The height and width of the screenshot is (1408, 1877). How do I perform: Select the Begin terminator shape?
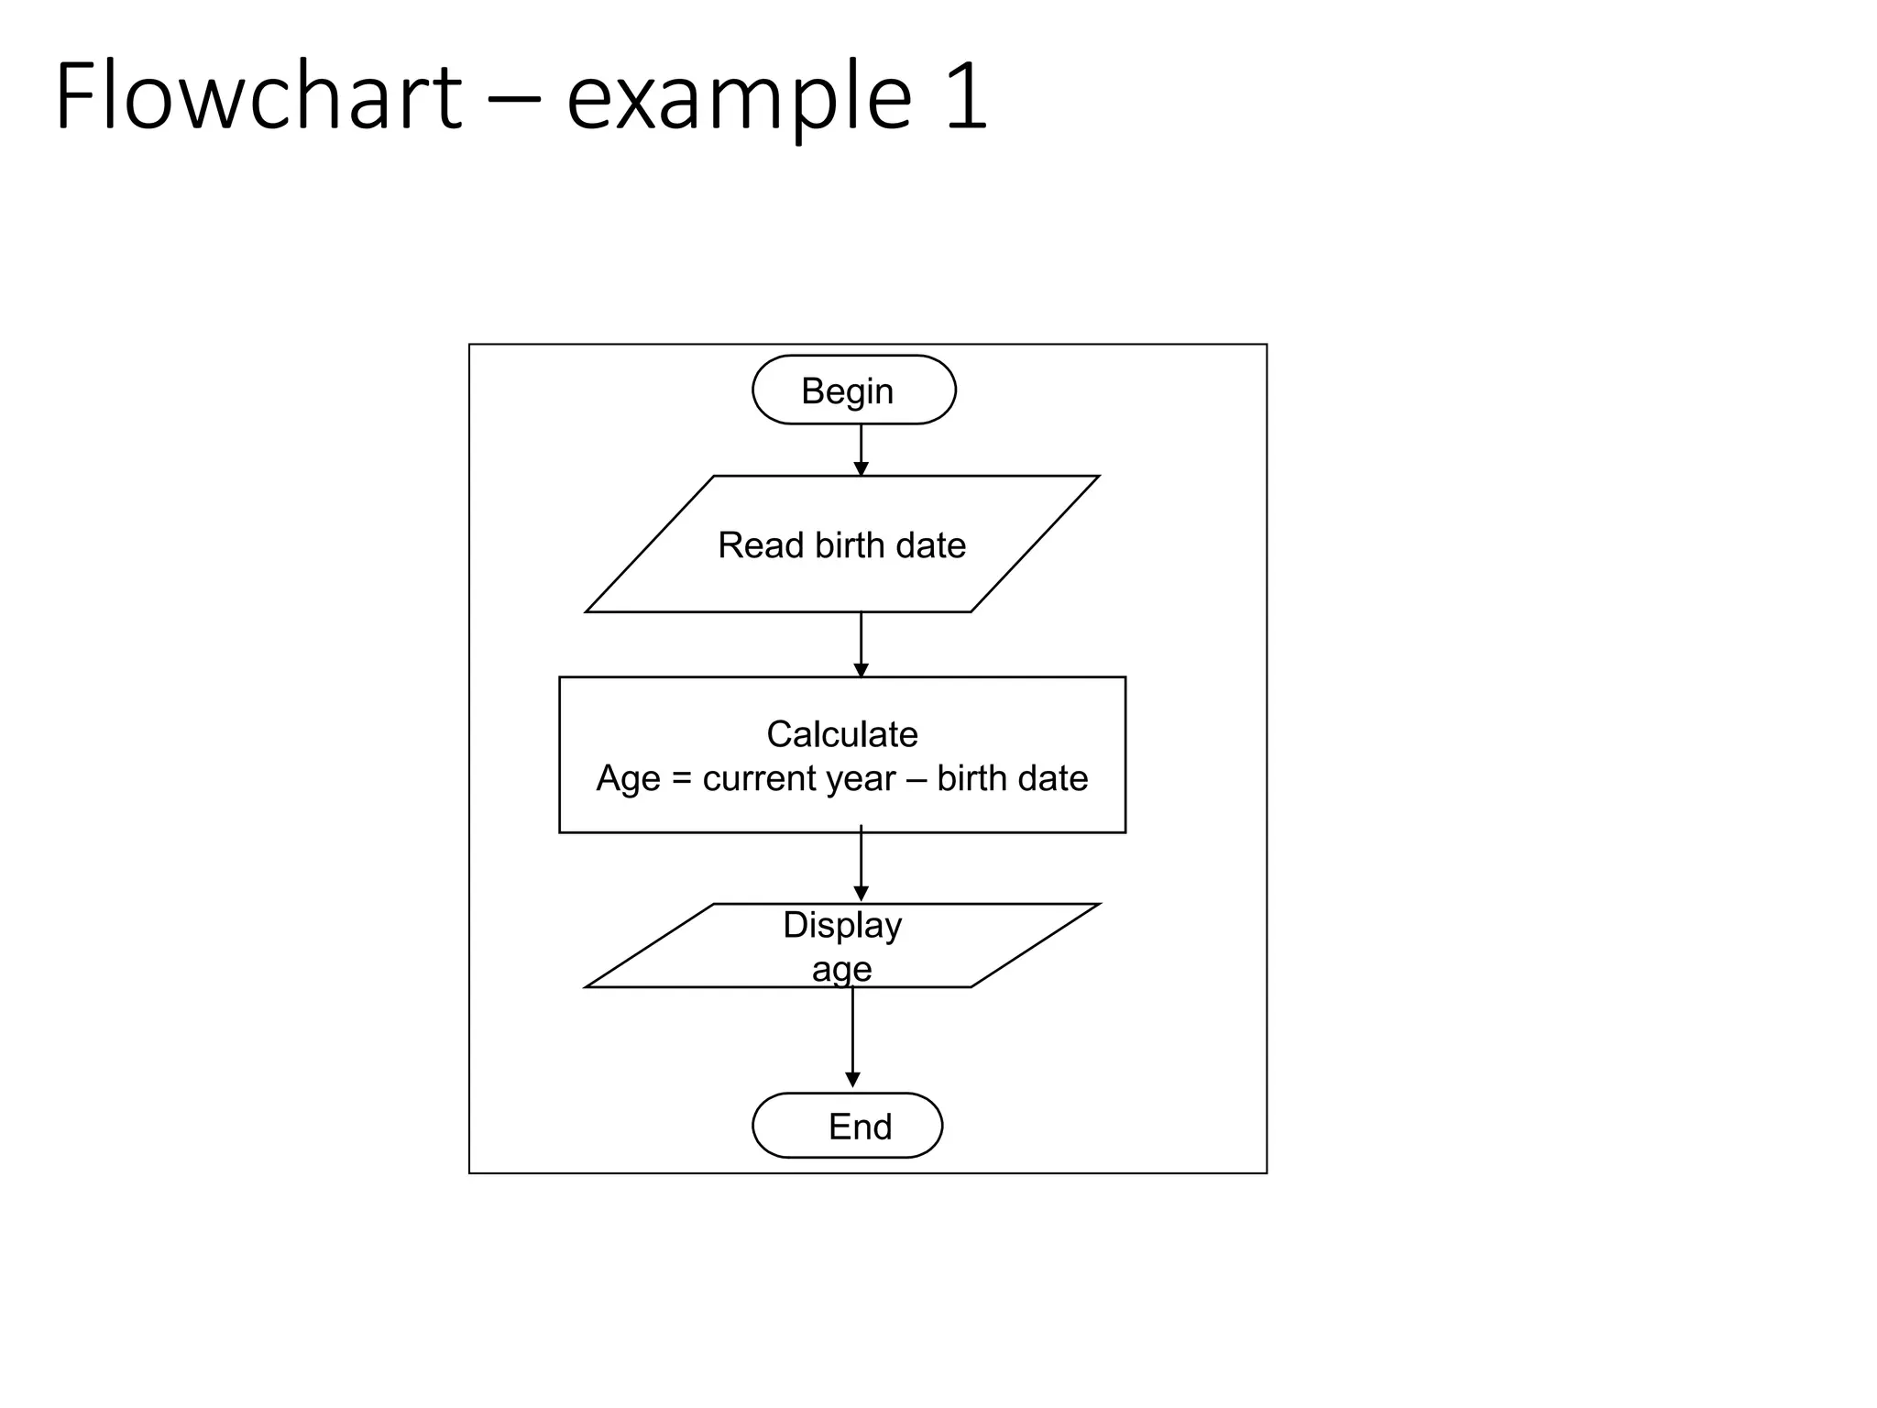click(x=853, y=390)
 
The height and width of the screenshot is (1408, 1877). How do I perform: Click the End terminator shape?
click(x=847, y=1126)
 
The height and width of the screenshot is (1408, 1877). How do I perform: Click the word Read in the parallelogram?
click(x=760, y=545)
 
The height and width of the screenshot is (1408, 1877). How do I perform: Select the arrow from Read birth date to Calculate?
click(x=861, y=644)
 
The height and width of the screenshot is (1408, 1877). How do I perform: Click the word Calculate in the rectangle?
click(x=841, y=734)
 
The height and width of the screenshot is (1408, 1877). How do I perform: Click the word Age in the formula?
click(x=628, y=779)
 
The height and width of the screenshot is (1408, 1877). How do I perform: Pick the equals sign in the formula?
click(x=681, y=779)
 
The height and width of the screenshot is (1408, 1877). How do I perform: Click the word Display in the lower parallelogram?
click(x=841, y=926)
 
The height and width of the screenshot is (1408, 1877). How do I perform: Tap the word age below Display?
click(x=840, y=970)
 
